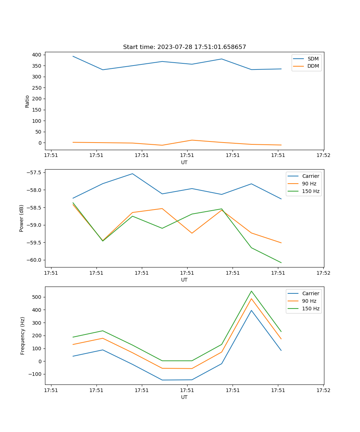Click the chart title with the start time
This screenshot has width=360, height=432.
coord(184,47)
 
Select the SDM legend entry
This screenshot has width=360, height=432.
coord(313,59)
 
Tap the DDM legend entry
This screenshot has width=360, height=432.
coord(313,66)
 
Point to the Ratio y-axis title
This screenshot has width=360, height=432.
coord(27,101)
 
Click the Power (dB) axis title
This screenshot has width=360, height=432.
coord(22,218)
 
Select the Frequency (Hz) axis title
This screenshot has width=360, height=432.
coord(22,336)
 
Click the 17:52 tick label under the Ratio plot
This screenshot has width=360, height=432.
coord(323,156)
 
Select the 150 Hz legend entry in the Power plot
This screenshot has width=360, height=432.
coord(311,191)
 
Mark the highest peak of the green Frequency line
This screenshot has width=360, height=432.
coord(251,291)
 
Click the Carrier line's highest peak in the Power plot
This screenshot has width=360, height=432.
coord(132,174)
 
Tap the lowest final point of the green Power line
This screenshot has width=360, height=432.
coord(281,262)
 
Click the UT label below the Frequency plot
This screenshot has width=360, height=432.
coord(184,397)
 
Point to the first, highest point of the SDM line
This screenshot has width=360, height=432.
coord(73,56)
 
